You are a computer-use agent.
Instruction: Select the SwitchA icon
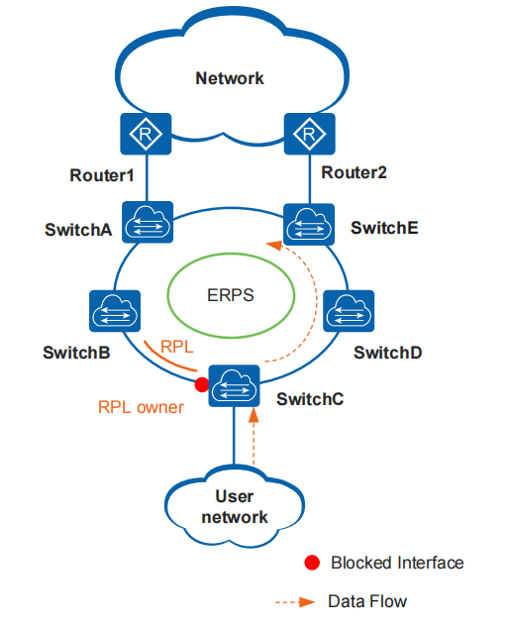(147, 225)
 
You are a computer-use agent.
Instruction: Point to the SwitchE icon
(308, 225)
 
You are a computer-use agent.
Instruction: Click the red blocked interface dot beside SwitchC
(202, 383)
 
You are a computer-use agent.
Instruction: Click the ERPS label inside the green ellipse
(230, 294)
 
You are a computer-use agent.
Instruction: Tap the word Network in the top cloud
(230, 78)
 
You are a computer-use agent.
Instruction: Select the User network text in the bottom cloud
(235, 508)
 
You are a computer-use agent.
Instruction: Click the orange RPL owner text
(141, 406)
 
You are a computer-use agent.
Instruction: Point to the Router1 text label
(100, 175)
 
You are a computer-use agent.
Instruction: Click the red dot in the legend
(312, 563)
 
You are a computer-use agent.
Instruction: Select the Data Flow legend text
(368, 601)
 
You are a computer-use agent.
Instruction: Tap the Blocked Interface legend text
(396, 563)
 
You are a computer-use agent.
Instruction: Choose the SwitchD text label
(388, 352)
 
